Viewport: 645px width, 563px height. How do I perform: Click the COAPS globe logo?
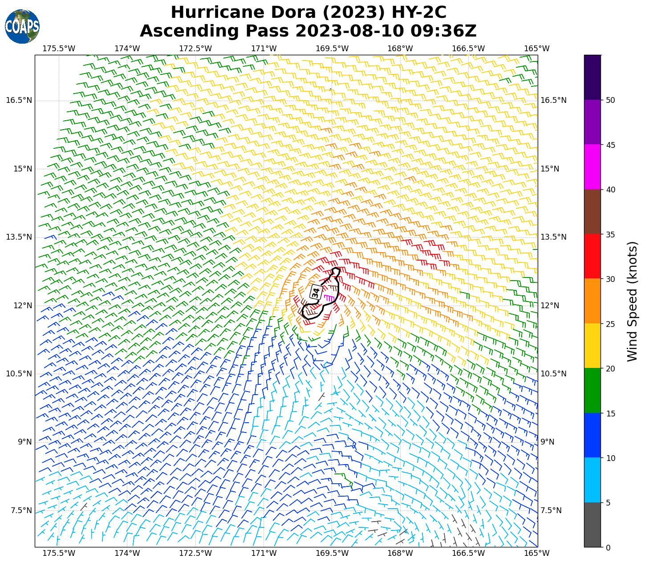click(22, 27)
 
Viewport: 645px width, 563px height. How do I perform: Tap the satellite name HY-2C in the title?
click(418, 12)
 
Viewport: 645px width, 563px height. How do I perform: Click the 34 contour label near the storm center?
click(316, 293)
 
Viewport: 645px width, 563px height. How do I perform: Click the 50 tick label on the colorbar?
click(611, 100)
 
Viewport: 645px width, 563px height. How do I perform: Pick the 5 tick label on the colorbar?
click(608, 503)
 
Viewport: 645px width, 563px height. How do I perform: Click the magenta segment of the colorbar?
click(592, 167)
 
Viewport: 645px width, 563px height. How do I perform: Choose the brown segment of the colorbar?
click(592, 212)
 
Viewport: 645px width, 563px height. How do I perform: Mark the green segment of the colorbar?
click(592, 391)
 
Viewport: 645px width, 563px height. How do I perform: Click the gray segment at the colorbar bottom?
click(592, 525)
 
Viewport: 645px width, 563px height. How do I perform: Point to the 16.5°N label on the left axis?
click(19, 100)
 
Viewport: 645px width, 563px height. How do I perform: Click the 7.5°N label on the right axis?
click(551, 510)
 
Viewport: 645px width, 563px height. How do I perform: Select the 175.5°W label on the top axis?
click(59, 48)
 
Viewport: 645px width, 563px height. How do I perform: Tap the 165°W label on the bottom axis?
click(537, 553)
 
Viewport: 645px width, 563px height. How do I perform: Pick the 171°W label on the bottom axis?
click(264, 553)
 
